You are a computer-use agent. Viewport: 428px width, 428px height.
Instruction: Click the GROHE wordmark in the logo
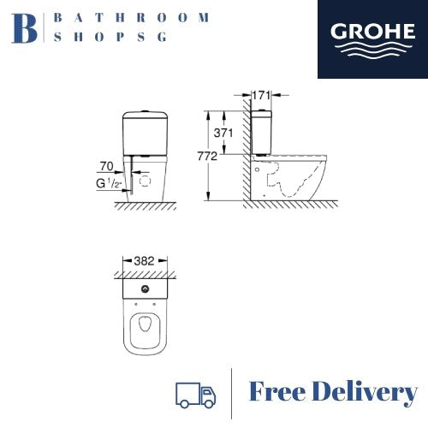click(372, 31)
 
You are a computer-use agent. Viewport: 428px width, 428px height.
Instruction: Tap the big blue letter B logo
click(24, 28)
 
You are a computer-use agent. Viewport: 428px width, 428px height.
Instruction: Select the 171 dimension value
click(261, 95)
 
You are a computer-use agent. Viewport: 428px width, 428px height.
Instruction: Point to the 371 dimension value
click(223, 133)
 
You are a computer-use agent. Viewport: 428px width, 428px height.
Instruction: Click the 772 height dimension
click(207, 156)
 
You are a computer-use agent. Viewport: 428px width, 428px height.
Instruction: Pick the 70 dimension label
click(107, 166)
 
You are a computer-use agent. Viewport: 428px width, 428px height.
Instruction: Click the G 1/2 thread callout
click(109, 183)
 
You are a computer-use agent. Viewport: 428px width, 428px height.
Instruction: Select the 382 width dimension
click(144, 261)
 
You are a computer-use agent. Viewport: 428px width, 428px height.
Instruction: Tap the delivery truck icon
click(196, 395)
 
